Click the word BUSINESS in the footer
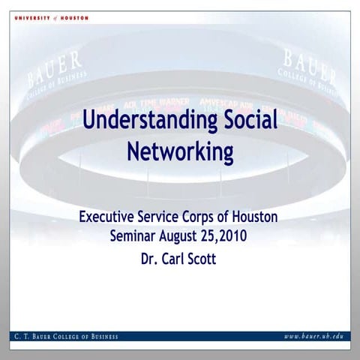pyautogui.click(x=102, y=336)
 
